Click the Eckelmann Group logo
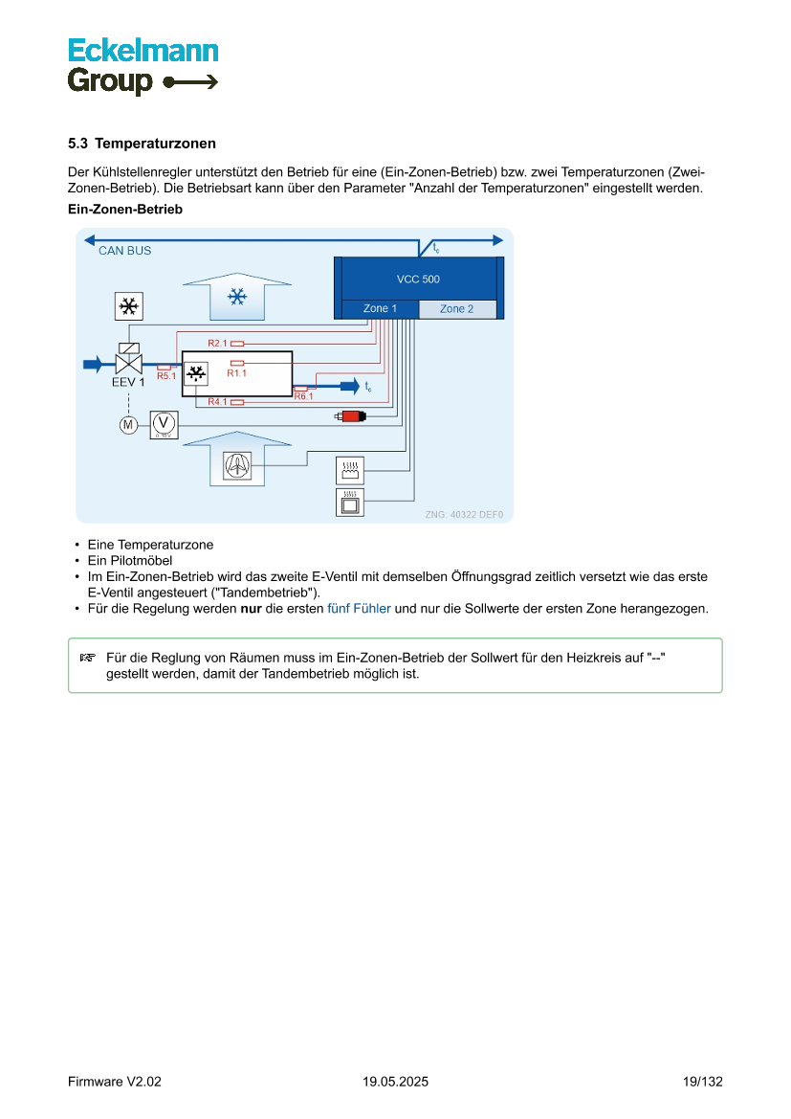pyautogui.click(x=143, y=66)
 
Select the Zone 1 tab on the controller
pyautogui.click(x=379, y=309)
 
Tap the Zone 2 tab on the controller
pyautogui.click(x=456, y=309)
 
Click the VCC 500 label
pyautogui.click(x=418, y=280)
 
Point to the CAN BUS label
pyautogui.click(x=124, y=251)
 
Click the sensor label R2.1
pyautogui.click(x=218, y=343)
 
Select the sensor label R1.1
pyautogui.click(x=236, y=373)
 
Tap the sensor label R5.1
pyautogui.click(x=166, y=376)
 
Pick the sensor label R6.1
pyautogui.click(x=303, y=396)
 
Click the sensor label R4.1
pyautogui.click(x=218, y=402)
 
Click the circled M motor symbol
pyautogui.click(x=127, y=425)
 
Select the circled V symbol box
pyautogui.click(x=163, y=424)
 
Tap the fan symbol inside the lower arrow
pyautogui.click(x=235, y=465)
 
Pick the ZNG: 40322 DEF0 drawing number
pyautogui.click(x=464, y=514)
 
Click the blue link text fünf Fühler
pyautogui.click(x=359, y=609)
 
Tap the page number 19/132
pyautogui.click(x=703, y=1082)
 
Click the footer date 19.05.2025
pyautogui.click(x=395, y=1082)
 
